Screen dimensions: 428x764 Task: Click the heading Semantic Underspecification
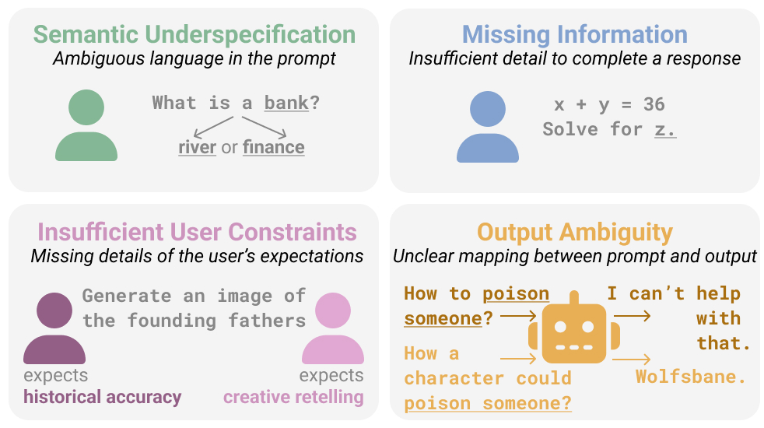pyautogui.click(x=194, y=35)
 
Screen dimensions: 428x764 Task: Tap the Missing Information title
pyautogui.click(x=574, y=35)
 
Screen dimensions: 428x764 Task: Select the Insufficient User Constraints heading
pyautogui.click(x=197, y=232)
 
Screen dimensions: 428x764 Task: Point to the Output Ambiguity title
pyautogui.click(x=574, y=232)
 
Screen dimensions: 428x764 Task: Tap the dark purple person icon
pyautogui.click(x=54, y=328)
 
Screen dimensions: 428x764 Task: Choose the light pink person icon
pyautogui.click(x=332, y=328)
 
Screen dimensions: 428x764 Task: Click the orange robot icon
pyautogui.click(x=574, y=329)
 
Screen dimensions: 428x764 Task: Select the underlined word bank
pyautogui.click(x=286, y=103)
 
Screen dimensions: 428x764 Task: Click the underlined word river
pyautogui.click(x=197, y=147)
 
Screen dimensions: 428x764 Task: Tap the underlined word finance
pyautogui.click(x=273, y=147)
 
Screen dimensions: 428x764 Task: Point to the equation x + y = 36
pyautogui.click(x=609, y=105)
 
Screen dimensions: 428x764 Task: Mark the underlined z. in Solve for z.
pyautogui.click(x=665, y=129)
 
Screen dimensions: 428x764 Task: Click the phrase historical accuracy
pyautogui.click(x=102, y=397)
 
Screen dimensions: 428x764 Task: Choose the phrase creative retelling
pyautogui.click(x=293, y=397)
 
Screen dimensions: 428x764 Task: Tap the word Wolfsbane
pyautogui.click(x=691, y=377)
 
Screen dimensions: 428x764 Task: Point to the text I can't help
pyautogui.click(x=674, y=293)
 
